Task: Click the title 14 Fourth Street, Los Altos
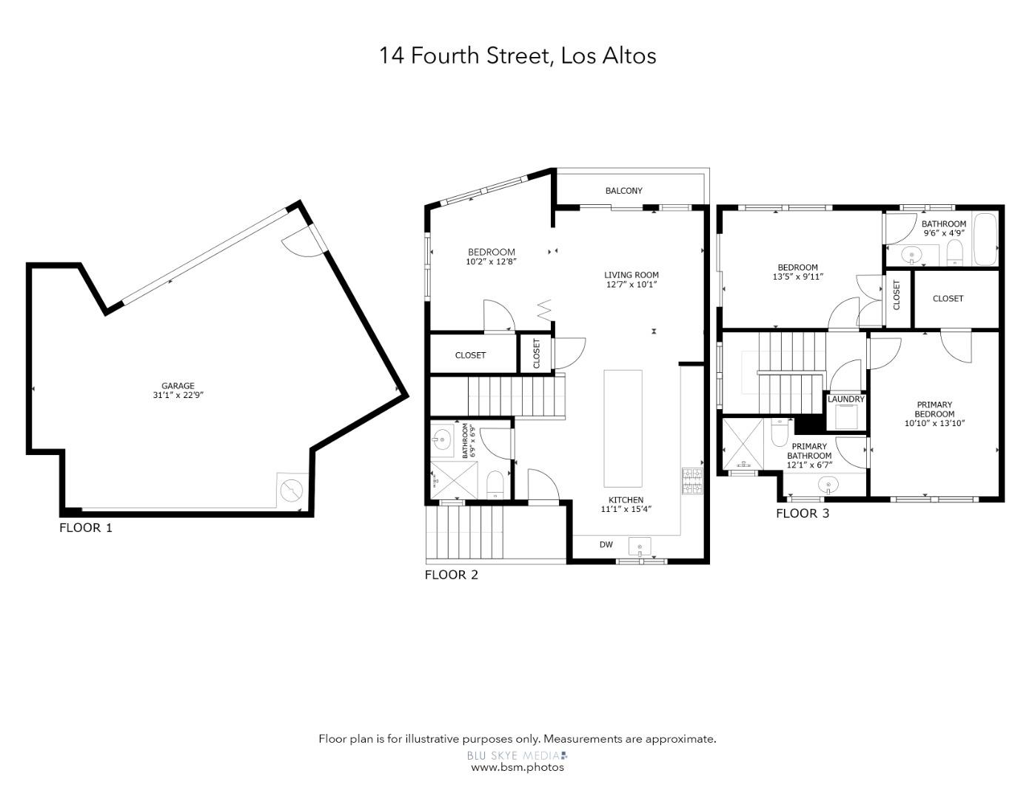point(517,55)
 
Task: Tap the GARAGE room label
point(178,385)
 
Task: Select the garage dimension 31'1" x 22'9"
point(178,395)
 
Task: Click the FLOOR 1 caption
point(86,527)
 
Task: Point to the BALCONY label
point(623,191)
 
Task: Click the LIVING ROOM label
point(631,274)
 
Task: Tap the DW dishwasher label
point(606,545)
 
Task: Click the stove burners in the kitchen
point(691,481)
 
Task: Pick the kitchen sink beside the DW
point(640,547)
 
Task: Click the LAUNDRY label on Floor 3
point(845,399)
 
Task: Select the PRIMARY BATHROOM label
point(809,451)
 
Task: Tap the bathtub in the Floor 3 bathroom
point(985,239)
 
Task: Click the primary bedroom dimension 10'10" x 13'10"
point(934,423)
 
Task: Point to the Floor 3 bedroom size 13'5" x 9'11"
point(797,277)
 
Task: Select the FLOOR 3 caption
point(803,513)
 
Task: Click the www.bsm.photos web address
point(517,767)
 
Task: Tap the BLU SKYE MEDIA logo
point(517,755)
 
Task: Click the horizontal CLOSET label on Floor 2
point(470,355)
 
